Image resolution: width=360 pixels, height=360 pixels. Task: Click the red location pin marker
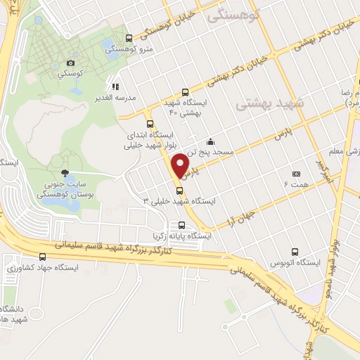pyautogui.click(x=181, y=165)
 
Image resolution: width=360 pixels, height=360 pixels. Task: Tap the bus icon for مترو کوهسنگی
pyautogui.click(x=128, y=38)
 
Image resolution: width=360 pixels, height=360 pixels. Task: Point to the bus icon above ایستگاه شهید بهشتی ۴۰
pyautogui.click(x=185, y=91)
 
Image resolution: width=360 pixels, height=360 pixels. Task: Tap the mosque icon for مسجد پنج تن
pyautogui.click(x=211, y=141)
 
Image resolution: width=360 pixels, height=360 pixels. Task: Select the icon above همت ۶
pyautogui.click(x=296, y=174)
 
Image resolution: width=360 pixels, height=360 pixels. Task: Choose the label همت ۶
pyautogui.click(x=296, y=184)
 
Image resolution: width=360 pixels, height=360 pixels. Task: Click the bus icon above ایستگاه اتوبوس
pyautogui.click(x=293, y=252)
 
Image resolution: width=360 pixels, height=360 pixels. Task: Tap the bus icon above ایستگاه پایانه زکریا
pyautogui.click(x=182, y=226)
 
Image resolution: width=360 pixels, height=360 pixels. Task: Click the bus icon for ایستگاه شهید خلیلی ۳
pyautogui.click(x=178, y=190)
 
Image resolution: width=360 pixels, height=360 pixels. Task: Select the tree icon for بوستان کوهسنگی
pyautogui.click(x=65, y=173)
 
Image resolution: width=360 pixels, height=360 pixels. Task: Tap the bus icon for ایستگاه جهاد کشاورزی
pyautogui.click(x=42, y=256)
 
